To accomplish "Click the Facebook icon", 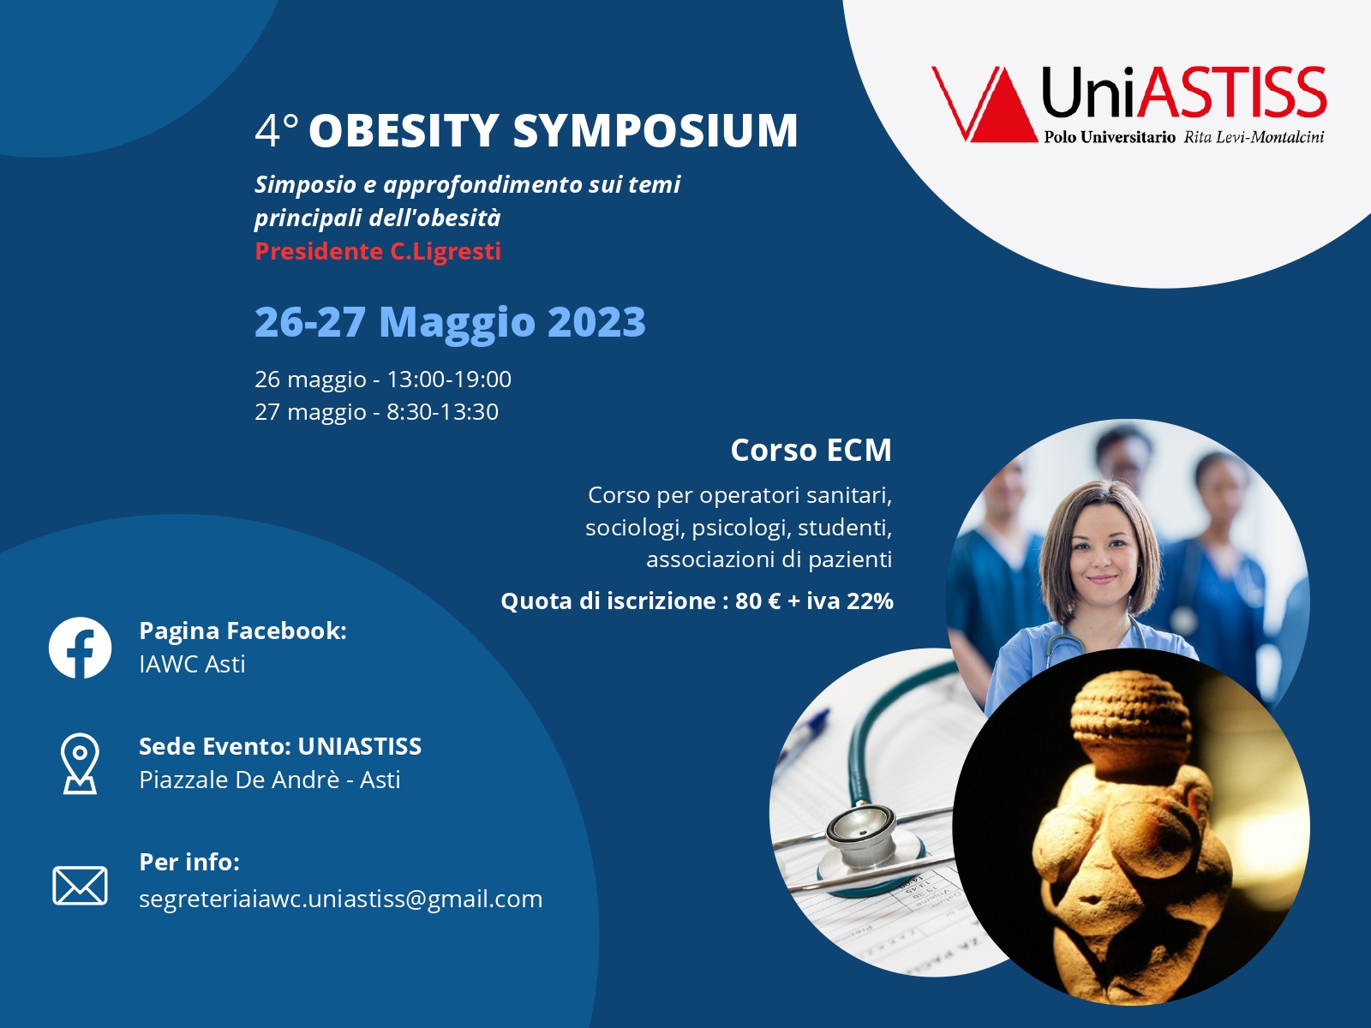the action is click(80, 648).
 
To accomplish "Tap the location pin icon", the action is click(80, 762).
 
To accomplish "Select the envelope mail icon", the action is click(80, 885).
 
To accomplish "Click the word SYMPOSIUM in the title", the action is click(656, 130).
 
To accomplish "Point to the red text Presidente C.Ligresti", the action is click(378, 251).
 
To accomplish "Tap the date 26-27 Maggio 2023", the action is click(450, 322).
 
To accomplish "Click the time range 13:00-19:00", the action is click(449, 379).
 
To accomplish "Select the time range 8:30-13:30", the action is click(442, 412).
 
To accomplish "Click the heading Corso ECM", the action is click(811, 450).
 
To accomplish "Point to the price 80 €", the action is click(757, 601).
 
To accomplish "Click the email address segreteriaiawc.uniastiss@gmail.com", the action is click(340, 899).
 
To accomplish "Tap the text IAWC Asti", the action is click(192, 664).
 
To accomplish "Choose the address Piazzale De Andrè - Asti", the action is click(269, 780).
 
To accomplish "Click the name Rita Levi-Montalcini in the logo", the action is click(1254, 137).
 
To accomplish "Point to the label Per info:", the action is click(189, 862).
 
